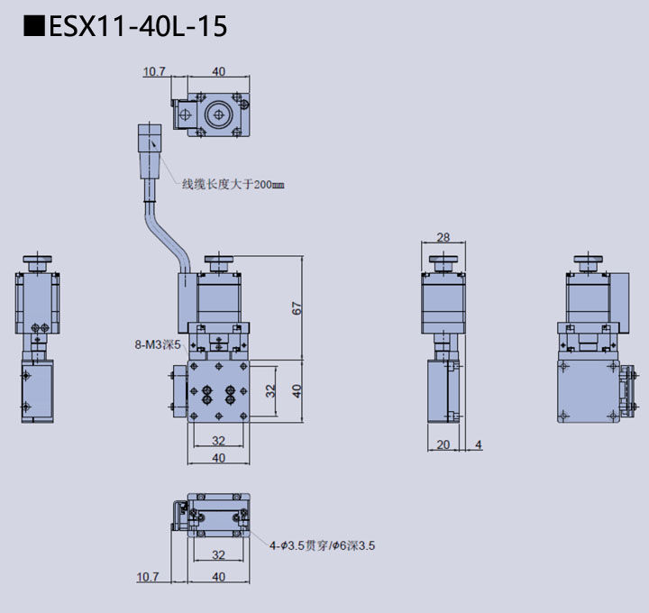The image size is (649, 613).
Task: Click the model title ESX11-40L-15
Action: (x=137, y=27)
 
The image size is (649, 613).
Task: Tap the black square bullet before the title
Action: (x=33, y=27)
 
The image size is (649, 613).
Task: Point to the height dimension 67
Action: (x=297, y=307)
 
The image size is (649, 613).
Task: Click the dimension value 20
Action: (x=443, y=444)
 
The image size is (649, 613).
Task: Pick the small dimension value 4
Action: (x=478, y=444)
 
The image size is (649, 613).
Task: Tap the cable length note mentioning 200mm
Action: (x=233, y=185)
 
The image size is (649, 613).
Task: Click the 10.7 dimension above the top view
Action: (x=154, y=71)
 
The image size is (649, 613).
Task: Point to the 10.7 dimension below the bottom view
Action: (x=148, y=576)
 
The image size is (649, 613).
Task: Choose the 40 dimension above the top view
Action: (x=218, y=71)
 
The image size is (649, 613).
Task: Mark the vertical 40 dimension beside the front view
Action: (x=297, y=390)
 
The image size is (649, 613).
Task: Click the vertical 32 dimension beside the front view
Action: (x=270, y=390)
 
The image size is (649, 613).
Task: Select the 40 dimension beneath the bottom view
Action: (x=217, y=576)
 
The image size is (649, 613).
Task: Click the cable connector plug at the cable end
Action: (x=149, y=150)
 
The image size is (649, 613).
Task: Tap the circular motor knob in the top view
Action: (x=216, y=114)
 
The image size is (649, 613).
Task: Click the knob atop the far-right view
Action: (x=587, y=263)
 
